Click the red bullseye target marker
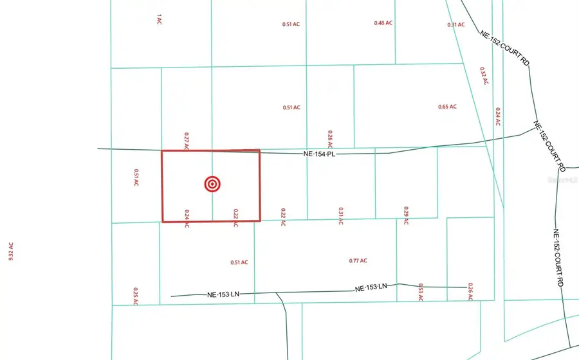(212, 184)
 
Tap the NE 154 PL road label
(320, 154)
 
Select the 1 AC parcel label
(158, 20)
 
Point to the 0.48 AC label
(383, 23)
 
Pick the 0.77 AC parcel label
(358, 260)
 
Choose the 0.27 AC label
(187, 141)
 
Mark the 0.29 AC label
(406, 215)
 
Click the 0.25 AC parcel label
(136, 296)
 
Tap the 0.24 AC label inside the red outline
(187, 219)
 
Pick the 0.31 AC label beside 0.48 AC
(456, 24)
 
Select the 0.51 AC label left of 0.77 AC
(239, 262)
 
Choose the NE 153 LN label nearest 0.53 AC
(372, 288)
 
